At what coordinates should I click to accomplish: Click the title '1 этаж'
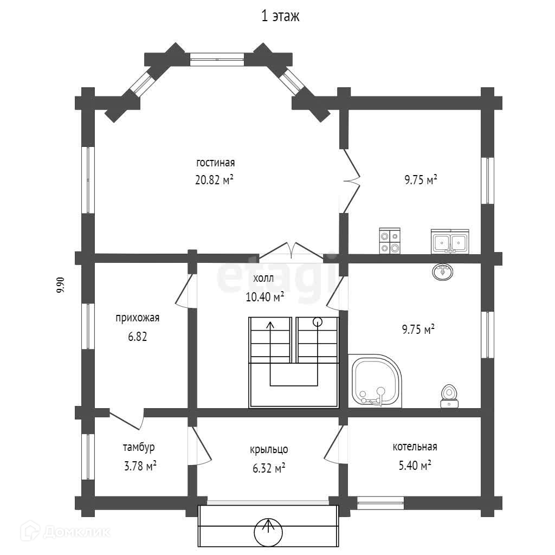(280, 17)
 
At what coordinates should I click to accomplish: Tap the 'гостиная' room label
(215, 163)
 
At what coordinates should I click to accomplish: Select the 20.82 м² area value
(214, 180)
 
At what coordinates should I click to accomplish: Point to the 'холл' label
(263, 279)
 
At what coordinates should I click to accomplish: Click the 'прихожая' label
(137, 318)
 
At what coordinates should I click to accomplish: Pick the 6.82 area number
(138, 337)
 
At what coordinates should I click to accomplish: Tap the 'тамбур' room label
(139, 448)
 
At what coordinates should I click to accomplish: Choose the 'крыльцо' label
(269, 449)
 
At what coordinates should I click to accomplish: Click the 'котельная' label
(415, 447)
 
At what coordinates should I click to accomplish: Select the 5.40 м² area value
(412, 465)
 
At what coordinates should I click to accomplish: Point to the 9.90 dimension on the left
(61, 285)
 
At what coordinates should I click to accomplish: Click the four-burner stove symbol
(390, 241)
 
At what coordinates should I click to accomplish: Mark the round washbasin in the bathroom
(443, 271)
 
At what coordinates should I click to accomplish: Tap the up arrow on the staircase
(270, 325)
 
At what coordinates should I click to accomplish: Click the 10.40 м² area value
(265, 296)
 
